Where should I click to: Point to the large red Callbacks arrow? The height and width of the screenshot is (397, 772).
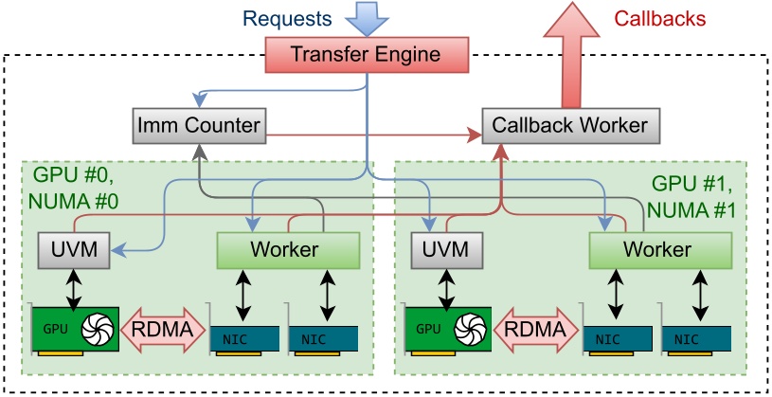coord(571,57)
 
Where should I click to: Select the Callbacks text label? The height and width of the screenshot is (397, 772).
coord(661,18)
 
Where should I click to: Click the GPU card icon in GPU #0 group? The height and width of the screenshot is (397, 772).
coord(76,332)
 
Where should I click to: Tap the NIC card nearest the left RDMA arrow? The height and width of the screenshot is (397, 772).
coord(242,336)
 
